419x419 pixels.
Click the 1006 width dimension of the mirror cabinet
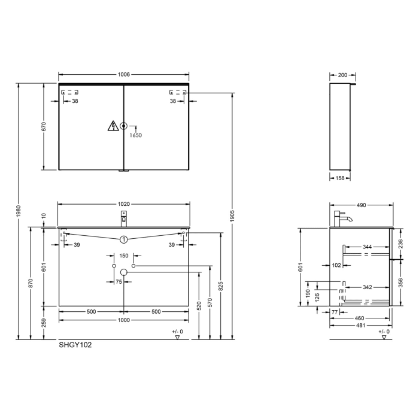click(x=124, y=75)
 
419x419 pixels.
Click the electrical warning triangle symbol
click(x=111, y=126)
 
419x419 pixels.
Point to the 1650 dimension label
click(x=136, y=135)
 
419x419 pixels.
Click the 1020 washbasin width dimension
click(x=124, y=204)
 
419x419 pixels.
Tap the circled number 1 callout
click(x=124, y=239)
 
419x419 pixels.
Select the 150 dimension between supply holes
click(x=124, y=256)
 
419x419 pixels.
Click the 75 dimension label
click(x=120, y=282)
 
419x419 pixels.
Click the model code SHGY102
click(x=75, y=345)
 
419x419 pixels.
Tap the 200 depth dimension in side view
click(x=342, y=75)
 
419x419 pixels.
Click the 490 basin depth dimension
click(x=361, y=205)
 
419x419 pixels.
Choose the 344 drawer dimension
click(x=367, y=247)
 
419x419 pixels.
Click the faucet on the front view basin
click(x=124, y=217)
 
